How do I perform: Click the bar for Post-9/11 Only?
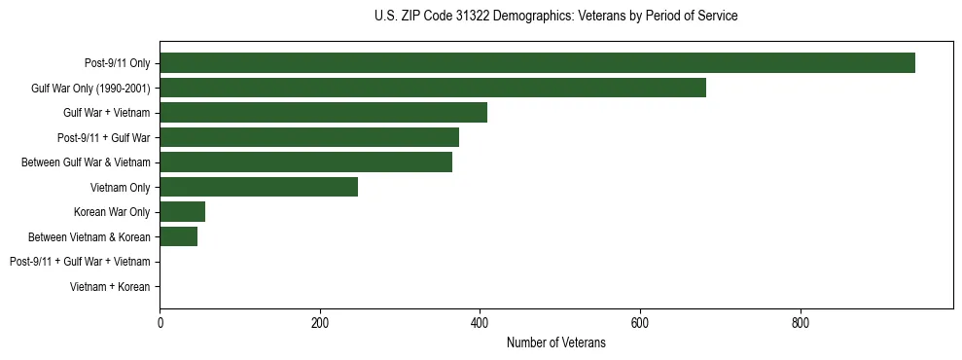pos(537,63)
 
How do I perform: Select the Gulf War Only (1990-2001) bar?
pos(433,88)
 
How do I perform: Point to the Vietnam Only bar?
pos(259,187)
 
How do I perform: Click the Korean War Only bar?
pos(182,212)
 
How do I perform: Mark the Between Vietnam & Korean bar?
pos(178,236)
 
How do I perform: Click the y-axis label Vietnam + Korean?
pos(110,287)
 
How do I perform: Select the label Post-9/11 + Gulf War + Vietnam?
pos(80,262)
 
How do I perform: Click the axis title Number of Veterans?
pos(555,342)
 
